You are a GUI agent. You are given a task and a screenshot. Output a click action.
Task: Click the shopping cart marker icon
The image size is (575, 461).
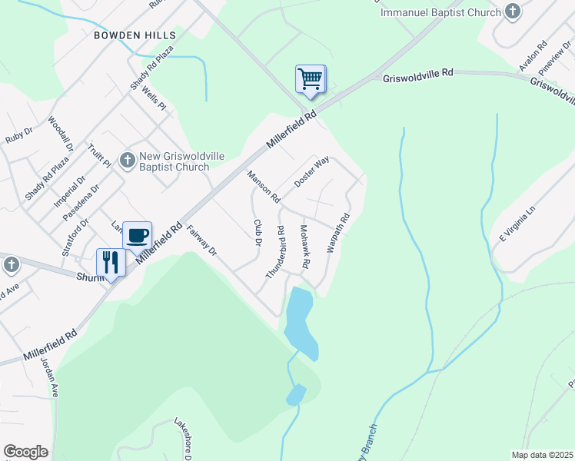(x=311, y=79)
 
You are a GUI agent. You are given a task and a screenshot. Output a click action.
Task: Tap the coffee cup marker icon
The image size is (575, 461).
(x=138, y=235)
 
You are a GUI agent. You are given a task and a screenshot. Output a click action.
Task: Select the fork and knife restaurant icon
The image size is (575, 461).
(x=111, y=263)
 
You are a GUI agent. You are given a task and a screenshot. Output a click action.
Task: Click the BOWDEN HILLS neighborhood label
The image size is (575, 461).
(x=135, y=35)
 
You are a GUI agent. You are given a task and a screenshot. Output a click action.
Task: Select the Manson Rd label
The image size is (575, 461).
(x=264, y=187)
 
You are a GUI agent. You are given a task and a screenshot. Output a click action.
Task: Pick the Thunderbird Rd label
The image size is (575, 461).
(x=275, y=252)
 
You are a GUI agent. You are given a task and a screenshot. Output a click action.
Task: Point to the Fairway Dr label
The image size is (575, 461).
(x=202, y=240)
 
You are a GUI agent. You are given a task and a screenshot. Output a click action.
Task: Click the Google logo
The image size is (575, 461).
(x=25, y=452)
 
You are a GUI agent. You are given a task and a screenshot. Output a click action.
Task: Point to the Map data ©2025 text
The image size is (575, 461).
(x=541, y=455)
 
